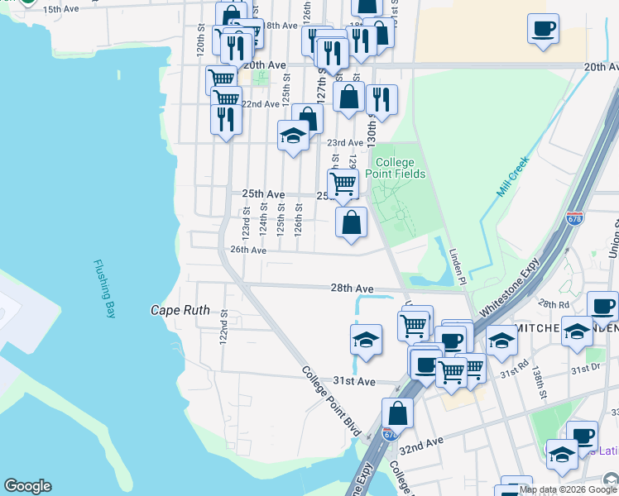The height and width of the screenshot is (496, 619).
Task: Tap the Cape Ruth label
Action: point(180,311)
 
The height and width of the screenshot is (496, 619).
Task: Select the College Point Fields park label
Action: point(401,168)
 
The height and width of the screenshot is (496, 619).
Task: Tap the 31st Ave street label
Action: point(354,381)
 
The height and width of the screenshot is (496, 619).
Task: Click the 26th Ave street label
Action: point(248,250)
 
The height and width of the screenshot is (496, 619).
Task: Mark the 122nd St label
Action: point(223,330)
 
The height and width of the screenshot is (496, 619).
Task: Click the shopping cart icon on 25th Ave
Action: point(343,182)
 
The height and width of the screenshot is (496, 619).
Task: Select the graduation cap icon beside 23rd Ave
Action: point(293,135)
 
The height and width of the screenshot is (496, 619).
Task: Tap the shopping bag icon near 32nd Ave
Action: point(397,413)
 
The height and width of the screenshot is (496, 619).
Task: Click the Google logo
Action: point(27,486)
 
